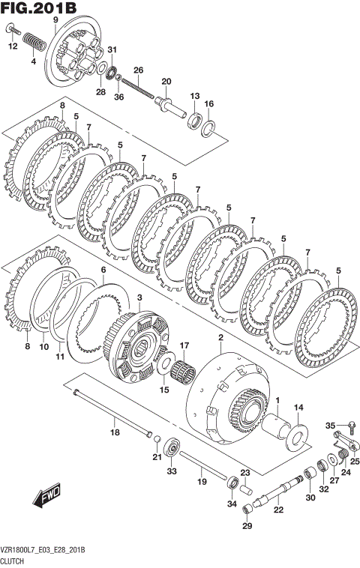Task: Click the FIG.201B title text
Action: pos(39,8)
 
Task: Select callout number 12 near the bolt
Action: pos(12,46)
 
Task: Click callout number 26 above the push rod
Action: pos(138,70)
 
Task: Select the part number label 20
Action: pos(166,81)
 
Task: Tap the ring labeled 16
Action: pos(210,128)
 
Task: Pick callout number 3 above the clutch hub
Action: pos(139,298)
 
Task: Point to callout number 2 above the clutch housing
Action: pos(220,339)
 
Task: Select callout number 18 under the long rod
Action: pos(115,432)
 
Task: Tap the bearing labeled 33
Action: pos(172,448)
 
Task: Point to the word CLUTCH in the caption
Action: pos(14,560)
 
